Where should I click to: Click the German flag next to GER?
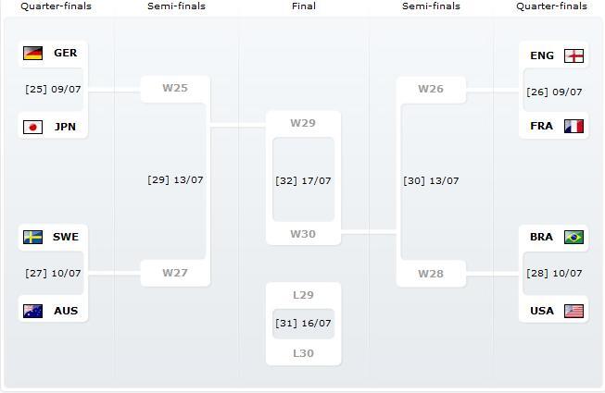32,53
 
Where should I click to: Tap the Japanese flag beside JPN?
32,127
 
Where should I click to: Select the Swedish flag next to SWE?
32,237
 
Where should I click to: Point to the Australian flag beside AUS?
32,311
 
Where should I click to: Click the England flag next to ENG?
574,55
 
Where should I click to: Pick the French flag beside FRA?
574,126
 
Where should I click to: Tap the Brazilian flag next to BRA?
574,237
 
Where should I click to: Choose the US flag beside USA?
574,311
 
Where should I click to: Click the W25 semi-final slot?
174,89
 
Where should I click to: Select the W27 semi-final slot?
174,273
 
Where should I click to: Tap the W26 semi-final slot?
431,90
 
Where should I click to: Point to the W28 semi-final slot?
431,274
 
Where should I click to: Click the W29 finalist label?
303,123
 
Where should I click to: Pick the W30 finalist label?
303,234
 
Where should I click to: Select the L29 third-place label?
303,295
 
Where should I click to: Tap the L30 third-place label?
303,353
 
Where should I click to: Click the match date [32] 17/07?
303,181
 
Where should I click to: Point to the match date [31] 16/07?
303,324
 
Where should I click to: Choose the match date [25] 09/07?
53,90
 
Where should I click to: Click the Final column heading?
303,6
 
